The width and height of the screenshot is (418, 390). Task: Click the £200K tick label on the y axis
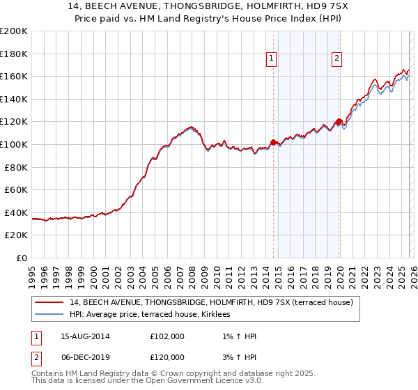[14, 31]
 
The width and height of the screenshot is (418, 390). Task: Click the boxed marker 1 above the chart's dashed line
[271, 59]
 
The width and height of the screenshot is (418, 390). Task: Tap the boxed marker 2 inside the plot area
[336, 59]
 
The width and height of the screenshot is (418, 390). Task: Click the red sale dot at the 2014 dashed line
[273, 142]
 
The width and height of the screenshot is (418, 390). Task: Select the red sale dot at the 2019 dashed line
[339, 122]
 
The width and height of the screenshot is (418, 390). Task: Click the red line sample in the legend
[49, 302]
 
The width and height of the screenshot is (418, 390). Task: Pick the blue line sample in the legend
[49, 314]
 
